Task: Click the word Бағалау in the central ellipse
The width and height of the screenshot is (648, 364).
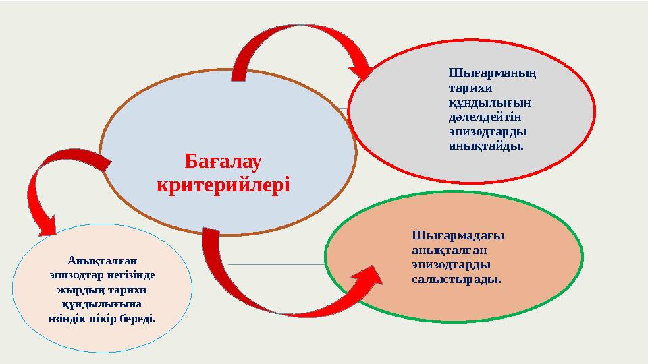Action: (x=223, y=162)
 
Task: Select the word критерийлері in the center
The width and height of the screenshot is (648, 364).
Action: (x=223, y=183)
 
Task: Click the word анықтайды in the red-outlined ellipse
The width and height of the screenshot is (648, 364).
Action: (x=485, y=146)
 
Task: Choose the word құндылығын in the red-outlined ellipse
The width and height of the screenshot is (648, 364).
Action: (x=489, y=102)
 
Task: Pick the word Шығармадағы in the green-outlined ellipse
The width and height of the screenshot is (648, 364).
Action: (x=458, y=235)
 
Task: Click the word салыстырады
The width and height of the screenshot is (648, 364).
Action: (x=456, y=278)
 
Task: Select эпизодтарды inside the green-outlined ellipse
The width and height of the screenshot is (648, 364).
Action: (x=451, y=264)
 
